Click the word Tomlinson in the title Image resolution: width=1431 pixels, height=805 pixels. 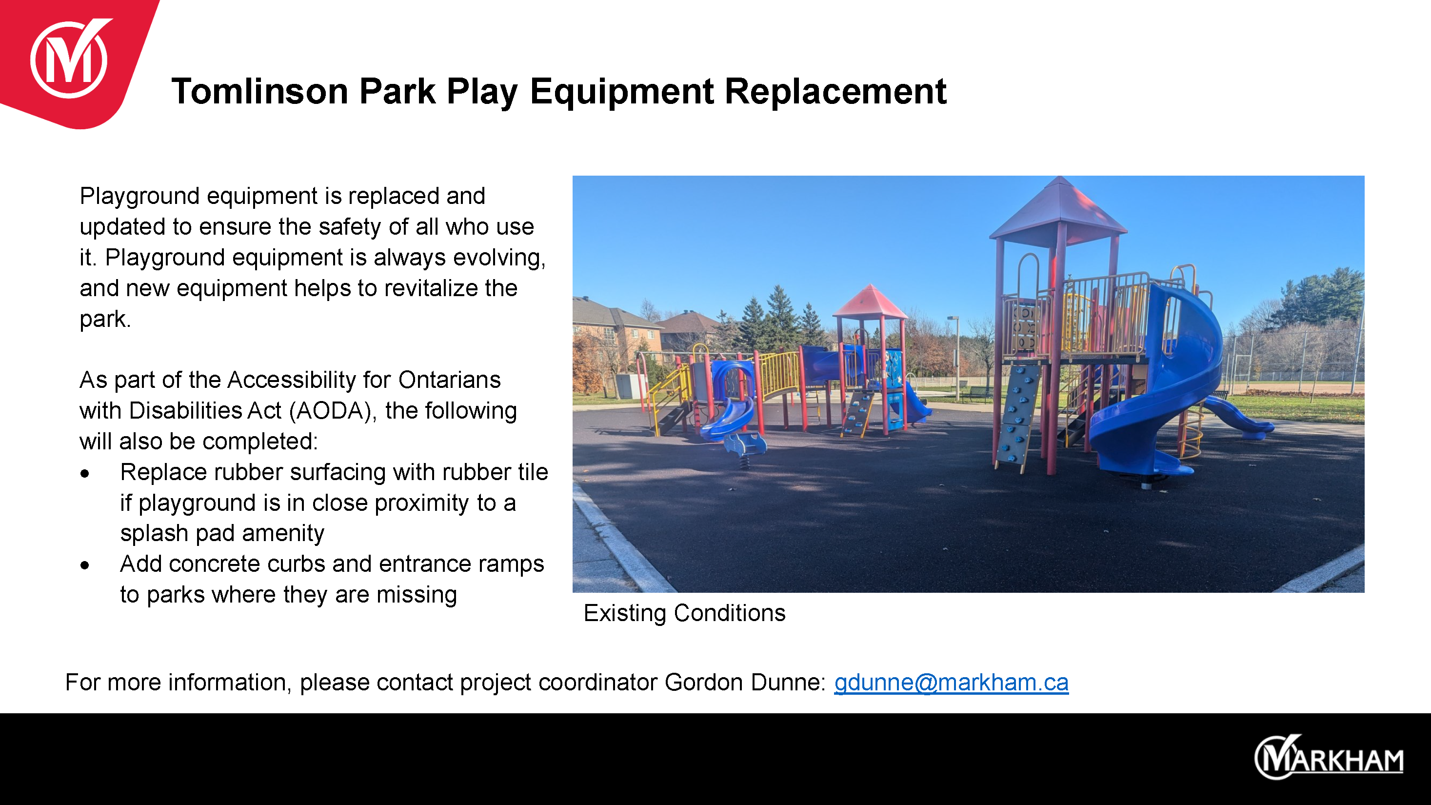tap(260, 91)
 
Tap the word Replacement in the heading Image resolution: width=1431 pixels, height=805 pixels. tap(835, 91)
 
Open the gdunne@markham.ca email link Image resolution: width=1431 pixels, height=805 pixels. tap(951, 682)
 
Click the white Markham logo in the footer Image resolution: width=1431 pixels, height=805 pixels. tap(1329, 757)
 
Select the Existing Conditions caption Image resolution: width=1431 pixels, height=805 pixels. tap(684, 613)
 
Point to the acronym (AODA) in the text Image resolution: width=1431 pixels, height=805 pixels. tap(333, 411)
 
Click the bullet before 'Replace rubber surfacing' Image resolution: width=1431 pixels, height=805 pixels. tap(84, 473)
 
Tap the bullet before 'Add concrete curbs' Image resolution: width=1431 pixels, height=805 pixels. tap(84, 565)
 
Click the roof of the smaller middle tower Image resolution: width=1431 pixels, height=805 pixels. tap(870, 302)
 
